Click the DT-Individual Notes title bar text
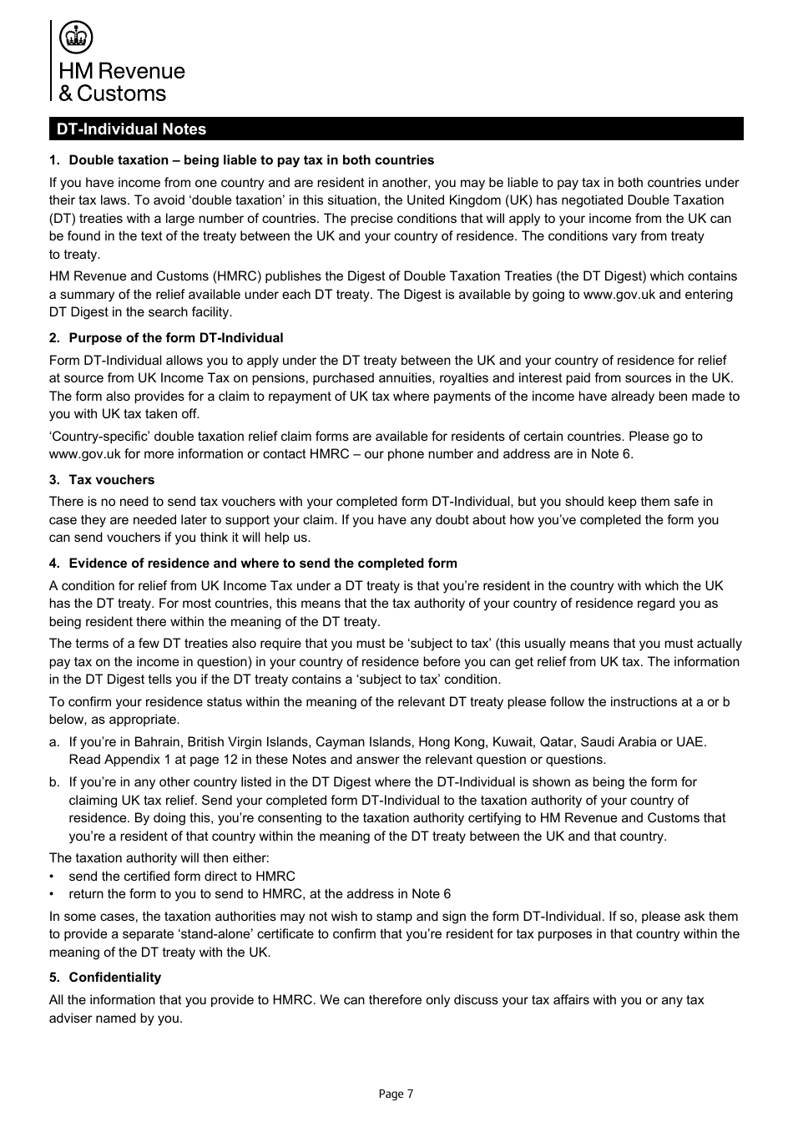[131, 129]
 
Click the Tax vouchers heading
[111, 480]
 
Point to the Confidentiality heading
[114, 978]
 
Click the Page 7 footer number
[396, 1094]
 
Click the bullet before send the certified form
[53, 877]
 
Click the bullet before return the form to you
[53, 895]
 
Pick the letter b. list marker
[54, 782]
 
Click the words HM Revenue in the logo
[122, 72]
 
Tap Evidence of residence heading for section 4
[262, 564]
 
